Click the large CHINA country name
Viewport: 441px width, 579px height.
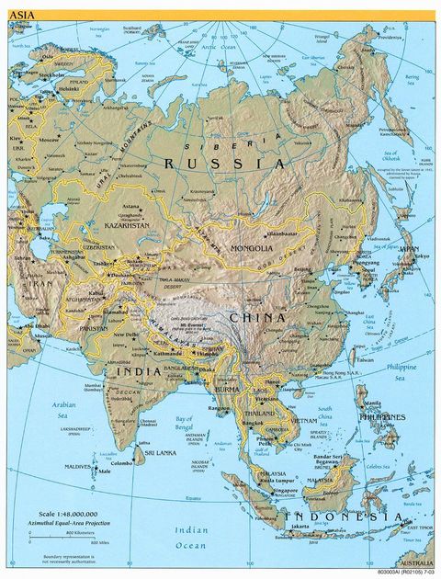point(261,317)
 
